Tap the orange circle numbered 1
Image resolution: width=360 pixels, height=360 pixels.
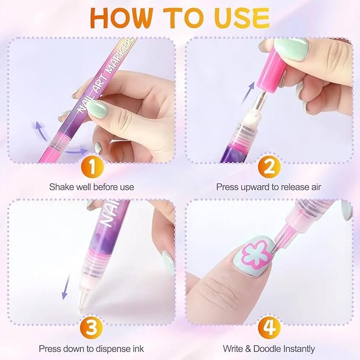pos(92,168)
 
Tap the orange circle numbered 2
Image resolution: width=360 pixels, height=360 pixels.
pos(269,168)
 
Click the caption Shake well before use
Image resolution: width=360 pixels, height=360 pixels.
pos(92,187)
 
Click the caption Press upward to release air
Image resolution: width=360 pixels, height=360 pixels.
pos(269,187)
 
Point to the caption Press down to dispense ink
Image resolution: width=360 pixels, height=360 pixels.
pos(92,348)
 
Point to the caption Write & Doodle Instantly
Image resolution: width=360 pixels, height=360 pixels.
pos(269,348)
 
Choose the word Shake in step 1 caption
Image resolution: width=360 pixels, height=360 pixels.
pos(60,187)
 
